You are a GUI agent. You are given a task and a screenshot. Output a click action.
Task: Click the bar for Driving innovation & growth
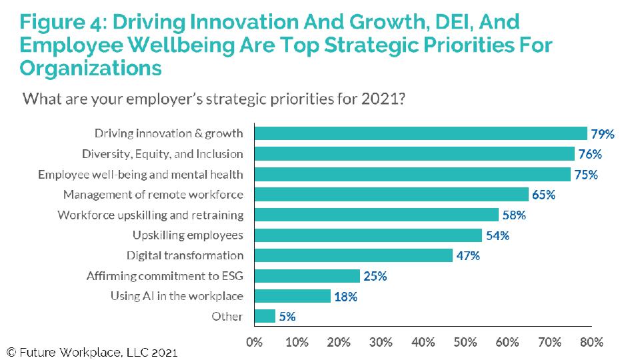coord(421,133)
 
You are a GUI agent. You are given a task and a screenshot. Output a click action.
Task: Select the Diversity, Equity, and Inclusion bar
coord(414,154)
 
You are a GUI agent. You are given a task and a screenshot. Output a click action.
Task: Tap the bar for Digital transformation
coord(353,255)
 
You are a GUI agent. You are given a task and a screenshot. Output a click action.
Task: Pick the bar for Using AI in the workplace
coord(293,296)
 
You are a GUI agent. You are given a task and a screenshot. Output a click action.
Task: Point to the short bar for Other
coord(265,316)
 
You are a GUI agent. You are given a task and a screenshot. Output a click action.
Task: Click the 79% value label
coord(603,134)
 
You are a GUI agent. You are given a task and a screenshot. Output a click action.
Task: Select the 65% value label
coord(543,195)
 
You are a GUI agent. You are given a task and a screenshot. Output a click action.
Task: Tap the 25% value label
coord(375,276)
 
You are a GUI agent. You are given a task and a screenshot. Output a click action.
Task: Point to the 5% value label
coord(287,317)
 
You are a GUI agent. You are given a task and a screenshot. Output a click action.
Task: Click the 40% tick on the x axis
coord(423,342)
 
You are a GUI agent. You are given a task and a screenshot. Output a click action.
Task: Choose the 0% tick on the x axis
coord(254,342)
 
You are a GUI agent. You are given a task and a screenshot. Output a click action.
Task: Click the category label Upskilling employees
coord(187,235)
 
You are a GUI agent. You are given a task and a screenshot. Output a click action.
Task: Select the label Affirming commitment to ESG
coord(165,275)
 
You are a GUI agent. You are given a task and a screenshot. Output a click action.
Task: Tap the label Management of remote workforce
coord(153,195)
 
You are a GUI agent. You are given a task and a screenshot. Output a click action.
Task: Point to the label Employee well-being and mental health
coord(141,175)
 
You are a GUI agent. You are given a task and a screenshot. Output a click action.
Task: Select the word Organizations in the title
coord(91,68)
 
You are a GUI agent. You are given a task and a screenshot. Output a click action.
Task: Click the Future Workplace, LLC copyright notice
coord(93,351)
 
